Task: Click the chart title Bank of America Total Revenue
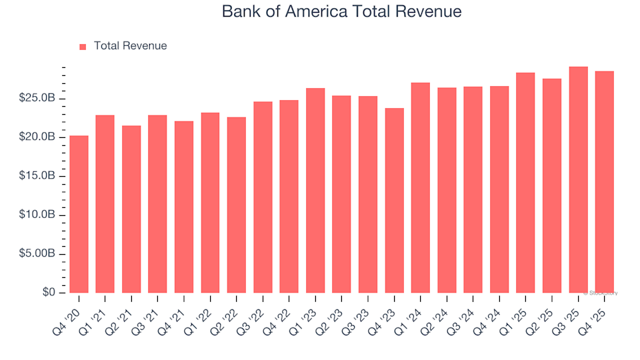point(341,12)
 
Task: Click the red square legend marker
point(83,47)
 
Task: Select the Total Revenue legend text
point(130,46)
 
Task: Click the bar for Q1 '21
point(105,204)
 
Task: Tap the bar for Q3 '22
point(263,197)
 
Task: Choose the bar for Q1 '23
point(315,191)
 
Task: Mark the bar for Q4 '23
point(394,201)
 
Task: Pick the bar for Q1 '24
point(421,188)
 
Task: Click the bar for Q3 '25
point(578,180)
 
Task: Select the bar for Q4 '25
point(605,182)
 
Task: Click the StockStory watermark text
point(601,293)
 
